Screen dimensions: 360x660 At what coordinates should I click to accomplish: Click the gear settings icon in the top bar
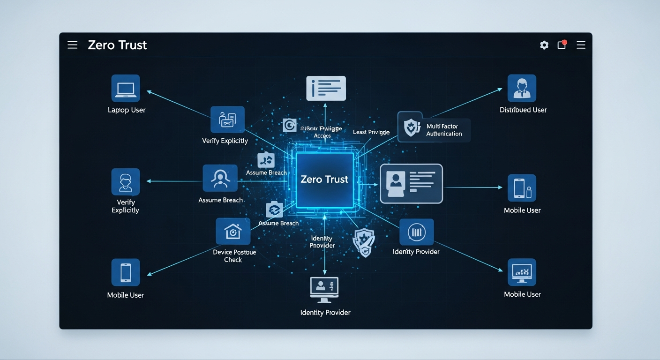click(x=544, y=45)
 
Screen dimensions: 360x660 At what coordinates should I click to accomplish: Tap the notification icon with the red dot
click(x=562, y=45)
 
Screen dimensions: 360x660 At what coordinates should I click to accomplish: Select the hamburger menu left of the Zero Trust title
click(x=72, y=45)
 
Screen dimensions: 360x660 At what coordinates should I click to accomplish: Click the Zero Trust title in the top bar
click(x=117, y=45)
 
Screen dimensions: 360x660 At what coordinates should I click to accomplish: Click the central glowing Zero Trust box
click(x=324, y=180)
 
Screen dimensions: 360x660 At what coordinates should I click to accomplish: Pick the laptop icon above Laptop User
click(x=126, y=88)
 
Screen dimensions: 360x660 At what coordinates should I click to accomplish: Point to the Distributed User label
click(x=523, y=110)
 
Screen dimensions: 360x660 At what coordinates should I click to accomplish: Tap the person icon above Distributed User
click(x=522, y=88)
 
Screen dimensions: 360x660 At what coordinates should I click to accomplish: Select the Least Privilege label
click(x=371, y=132)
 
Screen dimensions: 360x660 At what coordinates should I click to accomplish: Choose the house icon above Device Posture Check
click(x=233, y=231)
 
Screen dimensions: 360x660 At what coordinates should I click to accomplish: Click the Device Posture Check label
click(x=234, y=256)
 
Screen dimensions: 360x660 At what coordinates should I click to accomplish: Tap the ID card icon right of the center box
click(x=411, y=183)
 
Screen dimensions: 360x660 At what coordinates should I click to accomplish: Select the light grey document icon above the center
click(x=326, y=88)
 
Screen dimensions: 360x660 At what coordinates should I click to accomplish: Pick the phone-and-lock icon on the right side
click(x=522, y=188)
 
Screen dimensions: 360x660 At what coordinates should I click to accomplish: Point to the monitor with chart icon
click(x=522, y=272)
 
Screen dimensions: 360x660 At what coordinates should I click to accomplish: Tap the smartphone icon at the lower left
click(x=126, y=272)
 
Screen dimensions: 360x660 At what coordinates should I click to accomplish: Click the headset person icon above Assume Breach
click(x=220, y=178)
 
